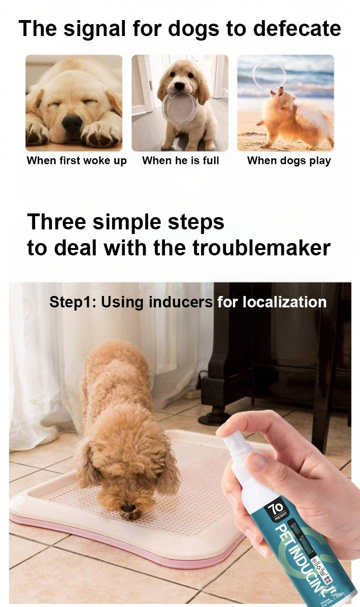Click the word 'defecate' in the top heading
point(297,28)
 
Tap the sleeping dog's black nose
point(72,122)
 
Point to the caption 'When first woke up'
point(77,161)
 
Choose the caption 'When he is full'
point(180,161)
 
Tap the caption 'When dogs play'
point(289,161)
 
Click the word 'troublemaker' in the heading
point(261,248)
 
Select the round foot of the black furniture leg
point(214,417)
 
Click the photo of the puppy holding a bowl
point(180,103)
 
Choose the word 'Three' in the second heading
point(57,222)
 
